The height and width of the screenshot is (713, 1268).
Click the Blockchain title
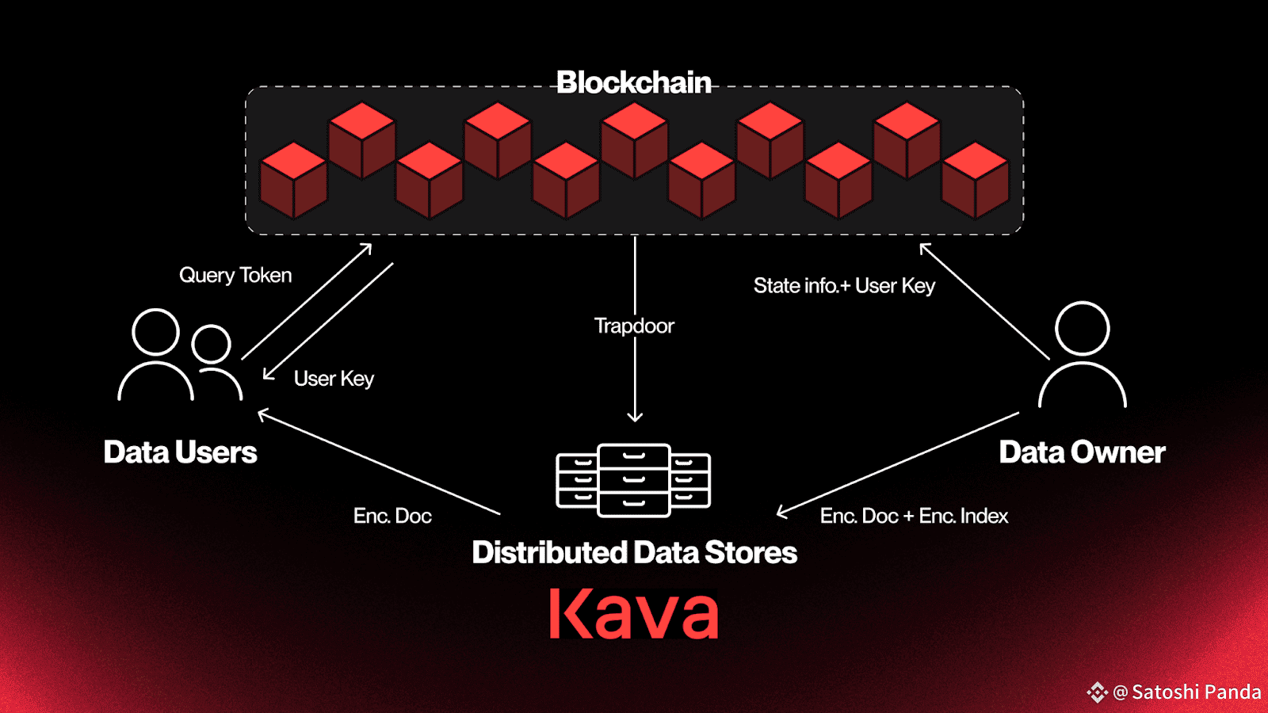[x=633, y=82]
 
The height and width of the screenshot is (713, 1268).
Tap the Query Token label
[x=235, y=275]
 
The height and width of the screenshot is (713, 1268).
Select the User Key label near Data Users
[x=334, y=379]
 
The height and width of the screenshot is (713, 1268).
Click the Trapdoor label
[x=634, y=326]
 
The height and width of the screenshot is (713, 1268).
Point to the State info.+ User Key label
[x=844, y=286]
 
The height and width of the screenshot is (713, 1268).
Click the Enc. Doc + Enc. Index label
[x=915, y=516]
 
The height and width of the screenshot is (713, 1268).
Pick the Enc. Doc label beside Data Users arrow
[x=392, y=516]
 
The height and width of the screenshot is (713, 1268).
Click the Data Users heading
[x=180, y=452]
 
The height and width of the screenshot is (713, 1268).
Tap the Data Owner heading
[x=1082, y=452]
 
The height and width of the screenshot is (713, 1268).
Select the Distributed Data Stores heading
[x=635, y=552]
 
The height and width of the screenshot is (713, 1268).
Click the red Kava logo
[x=633, y=613]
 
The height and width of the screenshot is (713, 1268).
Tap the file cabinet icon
[x=633, y=480]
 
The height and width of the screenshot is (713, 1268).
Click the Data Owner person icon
[x=1083, y=355]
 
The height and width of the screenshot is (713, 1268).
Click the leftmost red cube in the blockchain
[x=293, y=181]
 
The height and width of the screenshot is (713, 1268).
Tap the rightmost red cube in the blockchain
[x=975, y=181]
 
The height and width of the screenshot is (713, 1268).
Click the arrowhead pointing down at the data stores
[x=635, y=417]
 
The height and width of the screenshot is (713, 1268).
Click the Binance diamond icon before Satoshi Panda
[x=1097, y=692]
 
